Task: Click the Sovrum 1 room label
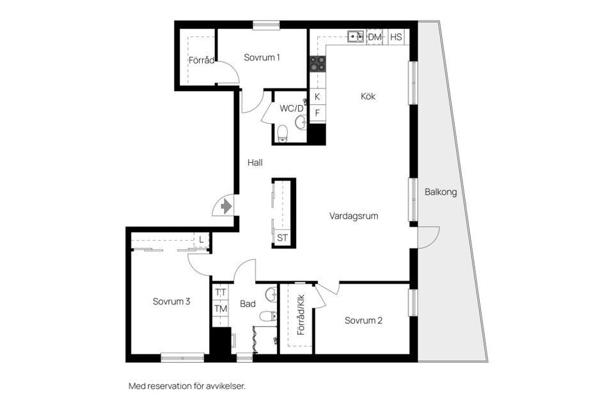click(x=262, y=58)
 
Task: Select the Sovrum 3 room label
click(x=171, y=301)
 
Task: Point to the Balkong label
click(x=441, y=192)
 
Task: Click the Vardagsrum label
click(x=354, y=216)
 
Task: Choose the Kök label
click(x=368, y=97)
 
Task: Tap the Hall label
click(x=255, y=163)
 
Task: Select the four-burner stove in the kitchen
click(x=317, y=63)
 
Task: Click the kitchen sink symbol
click(x=356, y=37)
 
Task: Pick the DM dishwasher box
click(x=375, y=37)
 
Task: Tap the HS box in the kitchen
click(x=396, y=37)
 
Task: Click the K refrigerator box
click(x=317, y=97)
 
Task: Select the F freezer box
click(x=317, y=113)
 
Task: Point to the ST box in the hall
click(x=283, y=238)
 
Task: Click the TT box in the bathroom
click(x=221, y=292)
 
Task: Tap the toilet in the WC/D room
click(x=282, y=133)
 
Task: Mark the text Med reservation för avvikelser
click(x=187, y=386)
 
